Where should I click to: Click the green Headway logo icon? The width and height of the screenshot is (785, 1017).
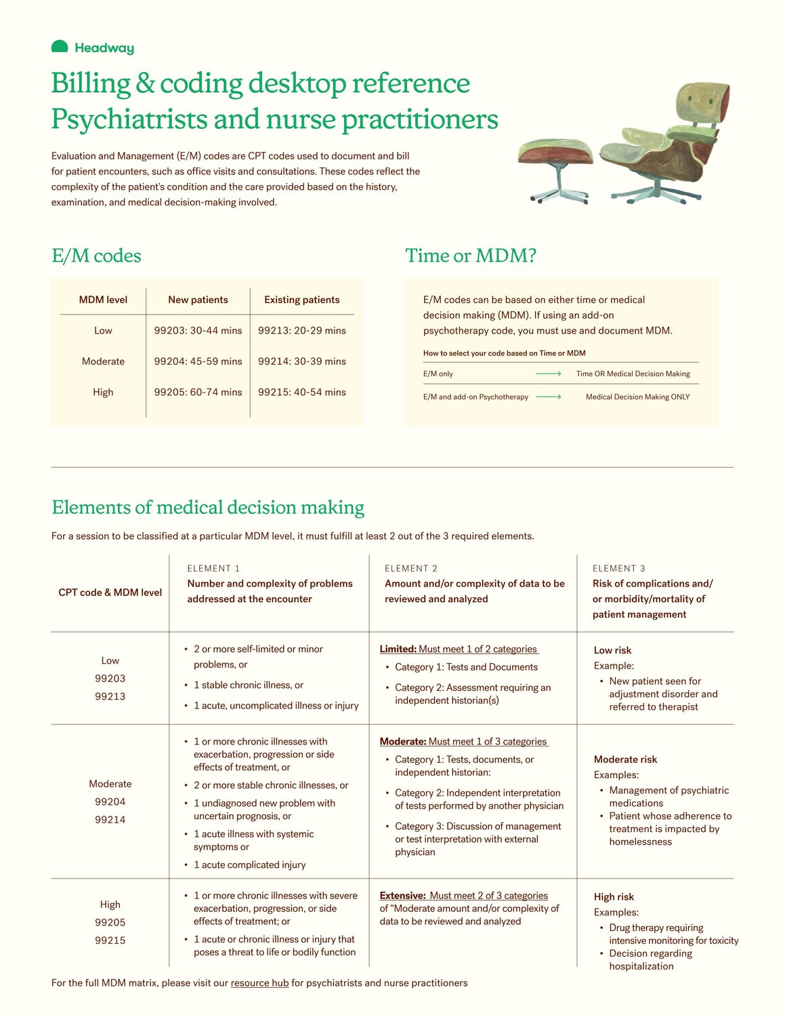[60, 47]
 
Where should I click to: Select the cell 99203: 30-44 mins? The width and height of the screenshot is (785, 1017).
[198, 331]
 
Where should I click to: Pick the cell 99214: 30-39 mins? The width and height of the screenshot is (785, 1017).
[302, 361]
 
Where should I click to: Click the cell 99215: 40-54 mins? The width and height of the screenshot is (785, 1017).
[302, 392]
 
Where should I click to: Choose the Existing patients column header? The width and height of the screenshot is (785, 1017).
[302, 300]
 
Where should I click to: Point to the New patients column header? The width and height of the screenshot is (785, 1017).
[198, 300]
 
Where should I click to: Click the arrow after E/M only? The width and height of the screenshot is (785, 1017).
[549, 374]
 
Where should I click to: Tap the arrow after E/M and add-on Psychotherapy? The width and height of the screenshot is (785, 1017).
[549, 397]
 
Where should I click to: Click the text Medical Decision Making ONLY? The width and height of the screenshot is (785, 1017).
[637, 397]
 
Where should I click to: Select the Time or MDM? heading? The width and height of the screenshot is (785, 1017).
[471, 256]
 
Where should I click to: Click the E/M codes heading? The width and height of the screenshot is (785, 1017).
[96, 256]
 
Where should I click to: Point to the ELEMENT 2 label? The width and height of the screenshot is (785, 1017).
[411, 568]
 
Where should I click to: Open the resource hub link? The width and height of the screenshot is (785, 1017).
[259, 983]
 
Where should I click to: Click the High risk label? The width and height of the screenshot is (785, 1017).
[614, 897]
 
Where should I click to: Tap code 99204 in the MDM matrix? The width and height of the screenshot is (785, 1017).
[110, 801]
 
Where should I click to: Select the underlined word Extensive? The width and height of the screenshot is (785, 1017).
[402, 896]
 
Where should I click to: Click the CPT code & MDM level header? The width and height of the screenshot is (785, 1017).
[110, 593]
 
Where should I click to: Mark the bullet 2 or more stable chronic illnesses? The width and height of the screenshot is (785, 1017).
[271, 785]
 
